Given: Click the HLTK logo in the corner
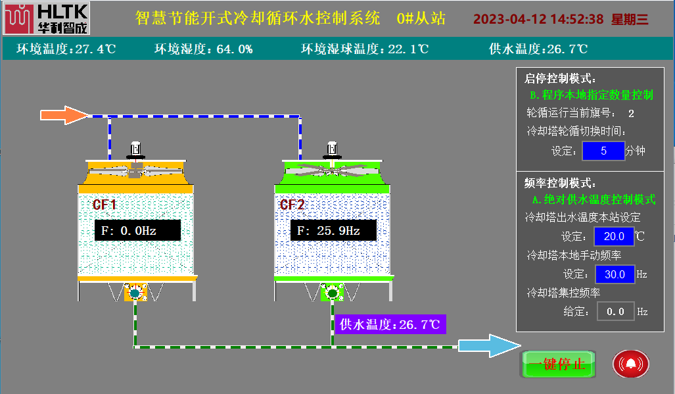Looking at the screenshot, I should click(45, 18).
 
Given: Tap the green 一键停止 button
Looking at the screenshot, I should click(558, 364).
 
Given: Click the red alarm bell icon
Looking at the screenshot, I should click(631, 363).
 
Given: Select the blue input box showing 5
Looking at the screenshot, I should click(603, 151).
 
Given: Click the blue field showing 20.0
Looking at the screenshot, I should click(614, 236).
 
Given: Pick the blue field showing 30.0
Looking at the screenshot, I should click(615, 274).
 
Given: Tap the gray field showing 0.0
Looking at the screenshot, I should click(615, 311).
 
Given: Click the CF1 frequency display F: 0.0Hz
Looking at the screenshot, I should click(137, 231).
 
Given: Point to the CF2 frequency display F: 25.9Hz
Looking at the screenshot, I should click(334, 231).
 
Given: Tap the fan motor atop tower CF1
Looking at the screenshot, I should click(135, 149).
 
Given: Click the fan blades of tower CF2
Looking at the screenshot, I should click(332, 170).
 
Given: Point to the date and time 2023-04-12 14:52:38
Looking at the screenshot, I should click(538, 19).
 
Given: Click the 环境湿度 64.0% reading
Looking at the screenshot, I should click(204, 49).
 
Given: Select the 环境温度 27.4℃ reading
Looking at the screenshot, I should click(66, 49).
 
